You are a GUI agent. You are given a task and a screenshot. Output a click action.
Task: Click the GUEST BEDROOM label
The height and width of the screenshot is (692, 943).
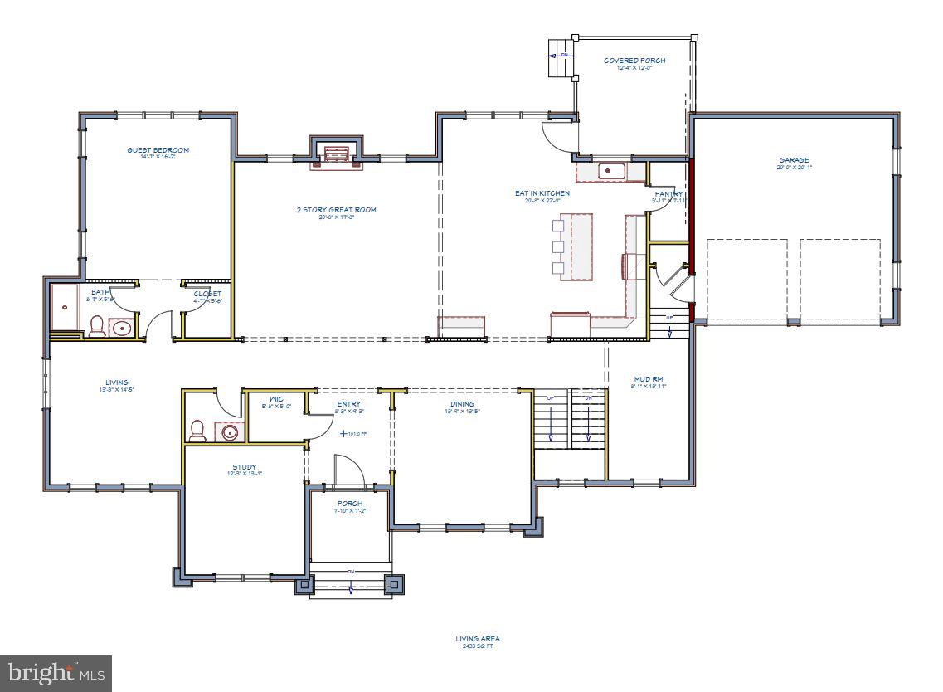(x=158, y=150)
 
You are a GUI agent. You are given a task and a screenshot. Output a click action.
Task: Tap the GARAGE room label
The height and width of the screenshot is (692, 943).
(x=794, y=160)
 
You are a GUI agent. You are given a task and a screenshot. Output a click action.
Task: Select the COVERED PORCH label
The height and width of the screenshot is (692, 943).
(x=634, y=61)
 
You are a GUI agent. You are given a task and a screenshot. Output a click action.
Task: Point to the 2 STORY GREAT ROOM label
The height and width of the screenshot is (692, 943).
(x=336, y=210)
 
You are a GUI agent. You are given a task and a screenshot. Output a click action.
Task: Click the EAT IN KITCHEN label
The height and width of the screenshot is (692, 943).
(x=542, y=193)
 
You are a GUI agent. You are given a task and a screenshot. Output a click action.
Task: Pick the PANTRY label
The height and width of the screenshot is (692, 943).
(x=668, y=194)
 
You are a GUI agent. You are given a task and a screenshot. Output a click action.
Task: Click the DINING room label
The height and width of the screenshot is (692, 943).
(x=463, y=404)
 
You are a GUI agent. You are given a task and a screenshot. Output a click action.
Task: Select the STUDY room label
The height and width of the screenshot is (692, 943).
(x=244, y=467)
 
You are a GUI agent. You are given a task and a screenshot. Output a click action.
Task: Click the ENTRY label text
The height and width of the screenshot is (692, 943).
(x=348, y=404)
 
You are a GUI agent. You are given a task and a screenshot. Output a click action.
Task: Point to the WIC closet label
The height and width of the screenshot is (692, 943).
(x=276, y=399)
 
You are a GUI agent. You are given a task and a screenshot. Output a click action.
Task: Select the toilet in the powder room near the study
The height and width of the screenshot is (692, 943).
(x=198, y=431)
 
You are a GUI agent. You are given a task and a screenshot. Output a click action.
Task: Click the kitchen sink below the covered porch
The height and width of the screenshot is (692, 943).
(x=611, y=171)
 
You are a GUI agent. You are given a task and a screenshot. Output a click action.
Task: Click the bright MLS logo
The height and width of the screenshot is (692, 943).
(x=56, y=672)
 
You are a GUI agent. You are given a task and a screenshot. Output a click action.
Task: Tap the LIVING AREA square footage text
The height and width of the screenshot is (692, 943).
(x=477, y=642)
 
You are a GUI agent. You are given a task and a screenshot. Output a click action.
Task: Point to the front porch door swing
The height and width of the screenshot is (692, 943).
(x=349, y=471)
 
